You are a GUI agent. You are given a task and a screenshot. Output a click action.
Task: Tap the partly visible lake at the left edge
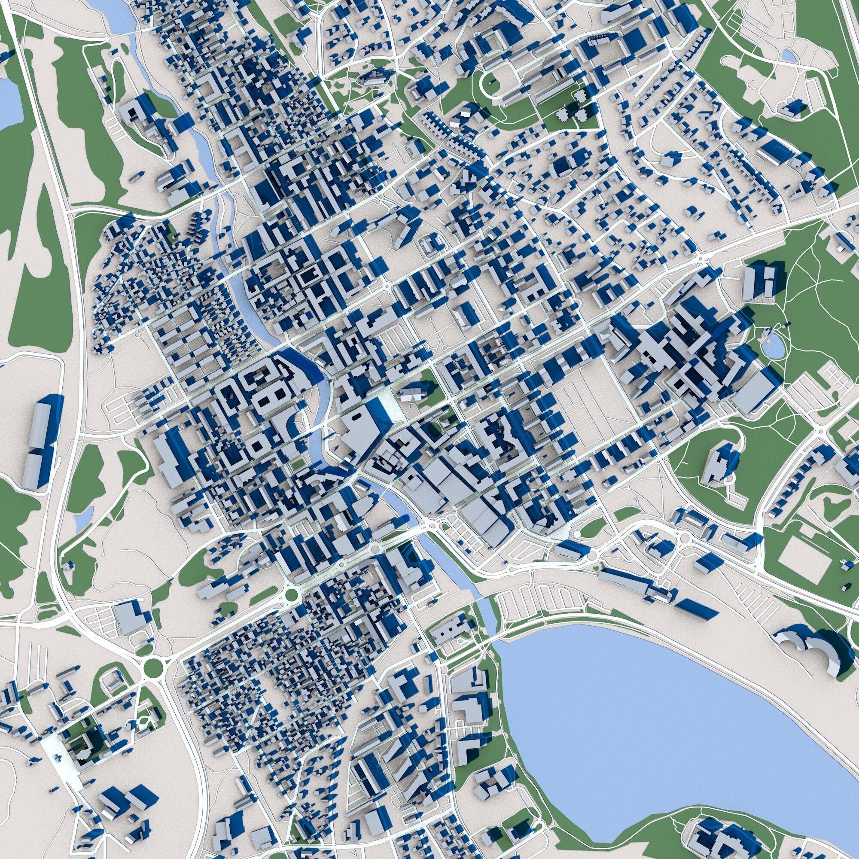(8, 102)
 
